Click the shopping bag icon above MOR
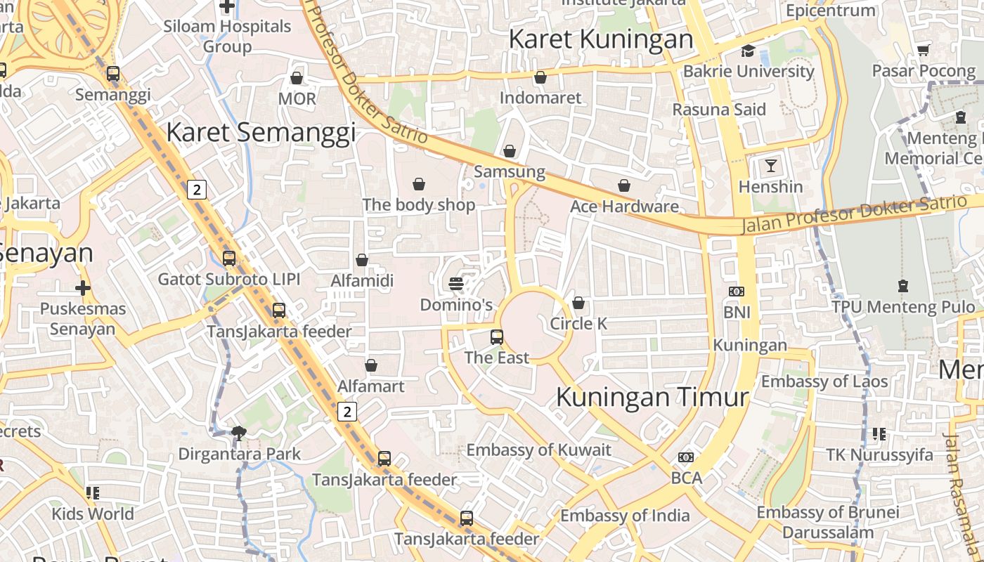click(297, 77)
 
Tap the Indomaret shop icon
click(540, 77)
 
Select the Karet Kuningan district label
click(601, 39)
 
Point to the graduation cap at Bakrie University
click(748, 51)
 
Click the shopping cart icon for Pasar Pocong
click(924, 51)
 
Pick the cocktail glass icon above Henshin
click(771, 166)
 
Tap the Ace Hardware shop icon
click(624, 185)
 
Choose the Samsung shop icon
click(510, 151)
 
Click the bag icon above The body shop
click(419, 184)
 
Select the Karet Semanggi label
click(261, 132)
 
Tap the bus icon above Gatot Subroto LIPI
click(228, 259)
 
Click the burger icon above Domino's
click(456, 284)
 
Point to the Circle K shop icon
click(578, 303)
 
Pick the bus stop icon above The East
click(497, 337)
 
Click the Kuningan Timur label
click(652, 397)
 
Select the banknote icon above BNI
click(737, 291)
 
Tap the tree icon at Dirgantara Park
click(239, 433)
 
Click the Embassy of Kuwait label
click(539, 450)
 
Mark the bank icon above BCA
click(686, 457)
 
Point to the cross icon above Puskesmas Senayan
click(83, 288)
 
